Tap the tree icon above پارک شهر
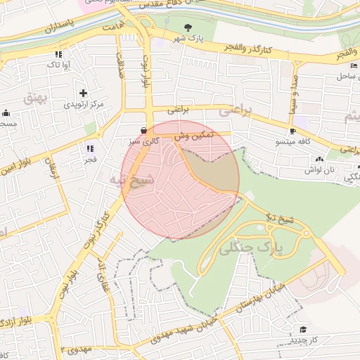click(188, 28)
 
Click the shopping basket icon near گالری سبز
click(144, 130)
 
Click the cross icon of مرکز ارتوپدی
click(84, 93)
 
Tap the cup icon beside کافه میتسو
click(292, 131)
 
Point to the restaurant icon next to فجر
click(89, 148)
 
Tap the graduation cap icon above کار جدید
click(302, 329)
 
